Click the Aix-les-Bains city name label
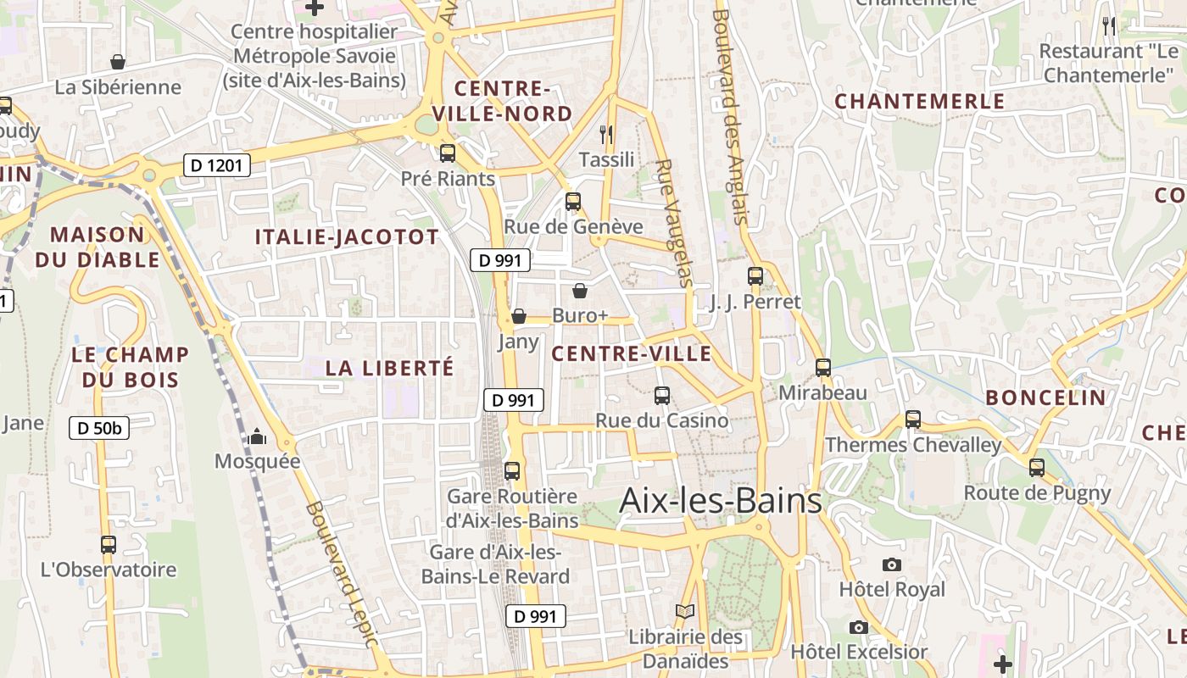click(721, 501)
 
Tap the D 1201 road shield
click(217, 165)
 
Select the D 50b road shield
click(99, 428)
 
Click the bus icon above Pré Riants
click(448, 153)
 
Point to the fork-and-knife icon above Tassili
click(606, 134)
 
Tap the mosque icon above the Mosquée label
click(257, 436)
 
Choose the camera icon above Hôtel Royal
click(891, 564)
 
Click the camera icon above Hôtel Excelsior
click(859, 627)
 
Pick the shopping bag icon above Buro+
click(580, 291)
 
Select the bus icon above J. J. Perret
click(755, 276)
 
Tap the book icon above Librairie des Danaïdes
click(684, 611)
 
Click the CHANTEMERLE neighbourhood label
click(920, 102)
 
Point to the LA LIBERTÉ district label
click(390, 368)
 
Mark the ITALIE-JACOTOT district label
click(348, 237)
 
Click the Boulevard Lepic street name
click(341, 574)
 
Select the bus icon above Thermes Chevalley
click(913, 420)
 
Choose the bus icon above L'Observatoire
click(109, 545)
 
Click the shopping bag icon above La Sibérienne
click(118, 62)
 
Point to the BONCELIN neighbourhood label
click(1045, 397)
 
